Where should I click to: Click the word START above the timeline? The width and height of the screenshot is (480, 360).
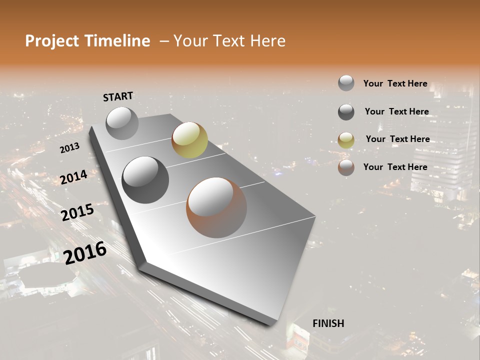click(118, 96)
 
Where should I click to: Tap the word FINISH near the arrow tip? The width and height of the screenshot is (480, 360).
click(328, 323)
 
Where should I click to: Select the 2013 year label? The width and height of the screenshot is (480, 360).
click(69, 148)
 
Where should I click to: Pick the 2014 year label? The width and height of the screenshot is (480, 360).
click(73, 177)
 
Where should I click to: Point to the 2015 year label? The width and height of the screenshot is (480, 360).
click(77, 212)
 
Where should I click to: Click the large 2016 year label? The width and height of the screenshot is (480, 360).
click(85, 253)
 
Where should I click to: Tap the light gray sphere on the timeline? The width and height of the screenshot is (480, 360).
click(122, 123)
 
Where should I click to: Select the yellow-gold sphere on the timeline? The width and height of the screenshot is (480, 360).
click(189, 139)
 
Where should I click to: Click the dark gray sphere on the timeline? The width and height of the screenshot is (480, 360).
click(145, 179)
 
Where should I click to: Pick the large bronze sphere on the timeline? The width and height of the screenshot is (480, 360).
click(216, 207)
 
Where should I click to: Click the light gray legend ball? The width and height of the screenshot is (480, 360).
click(346, 83)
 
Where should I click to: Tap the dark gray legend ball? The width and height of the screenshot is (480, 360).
click(346, 112)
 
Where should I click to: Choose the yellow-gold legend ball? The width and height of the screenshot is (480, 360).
click(346, 140)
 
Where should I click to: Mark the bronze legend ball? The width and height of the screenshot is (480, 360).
click(346, 167)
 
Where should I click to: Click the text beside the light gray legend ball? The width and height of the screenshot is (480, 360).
click(395, 84)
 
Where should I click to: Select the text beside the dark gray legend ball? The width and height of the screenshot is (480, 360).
click(396, 111)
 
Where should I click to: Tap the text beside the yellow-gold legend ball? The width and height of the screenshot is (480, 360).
click(397, 139)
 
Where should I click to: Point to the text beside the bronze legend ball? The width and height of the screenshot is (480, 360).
click(395, 167)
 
